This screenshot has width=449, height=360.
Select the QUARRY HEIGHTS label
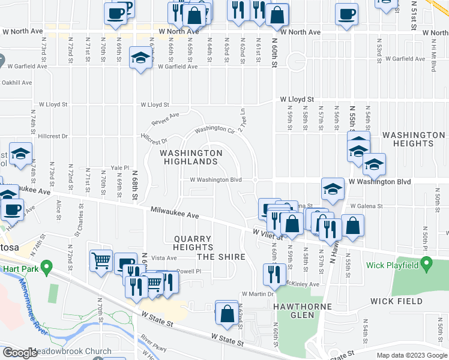click(193, 242)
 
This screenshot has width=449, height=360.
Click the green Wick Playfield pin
click(426, 263)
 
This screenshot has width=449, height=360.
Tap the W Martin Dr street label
click(258, 294)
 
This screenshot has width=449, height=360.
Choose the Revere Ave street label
click(165, 119)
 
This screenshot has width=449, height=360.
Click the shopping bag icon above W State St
click(227, 313)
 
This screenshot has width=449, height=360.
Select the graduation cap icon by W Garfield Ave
click(140, 58)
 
